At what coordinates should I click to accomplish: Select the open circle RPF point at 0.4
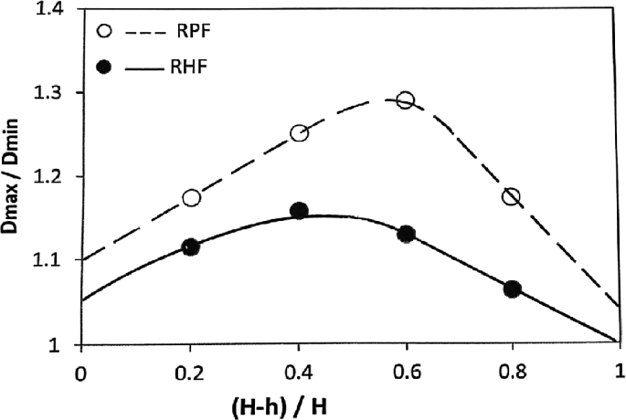[299, 133]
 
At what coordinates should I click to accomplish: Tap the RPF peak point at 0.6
[405, 100]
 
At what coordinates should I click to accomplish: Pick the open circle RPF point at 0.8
[511, 197]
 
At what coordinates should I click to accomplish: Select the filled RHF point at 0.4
[299, 211]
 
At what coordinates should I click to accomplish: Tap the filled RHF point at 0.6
[407, 234]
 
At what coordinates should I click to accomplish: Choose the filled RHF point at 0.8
[512, 289]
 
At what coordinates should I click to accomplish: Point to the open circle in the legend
[104, 31]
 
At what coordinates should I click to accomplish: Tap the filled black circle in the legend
[104, 68]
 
